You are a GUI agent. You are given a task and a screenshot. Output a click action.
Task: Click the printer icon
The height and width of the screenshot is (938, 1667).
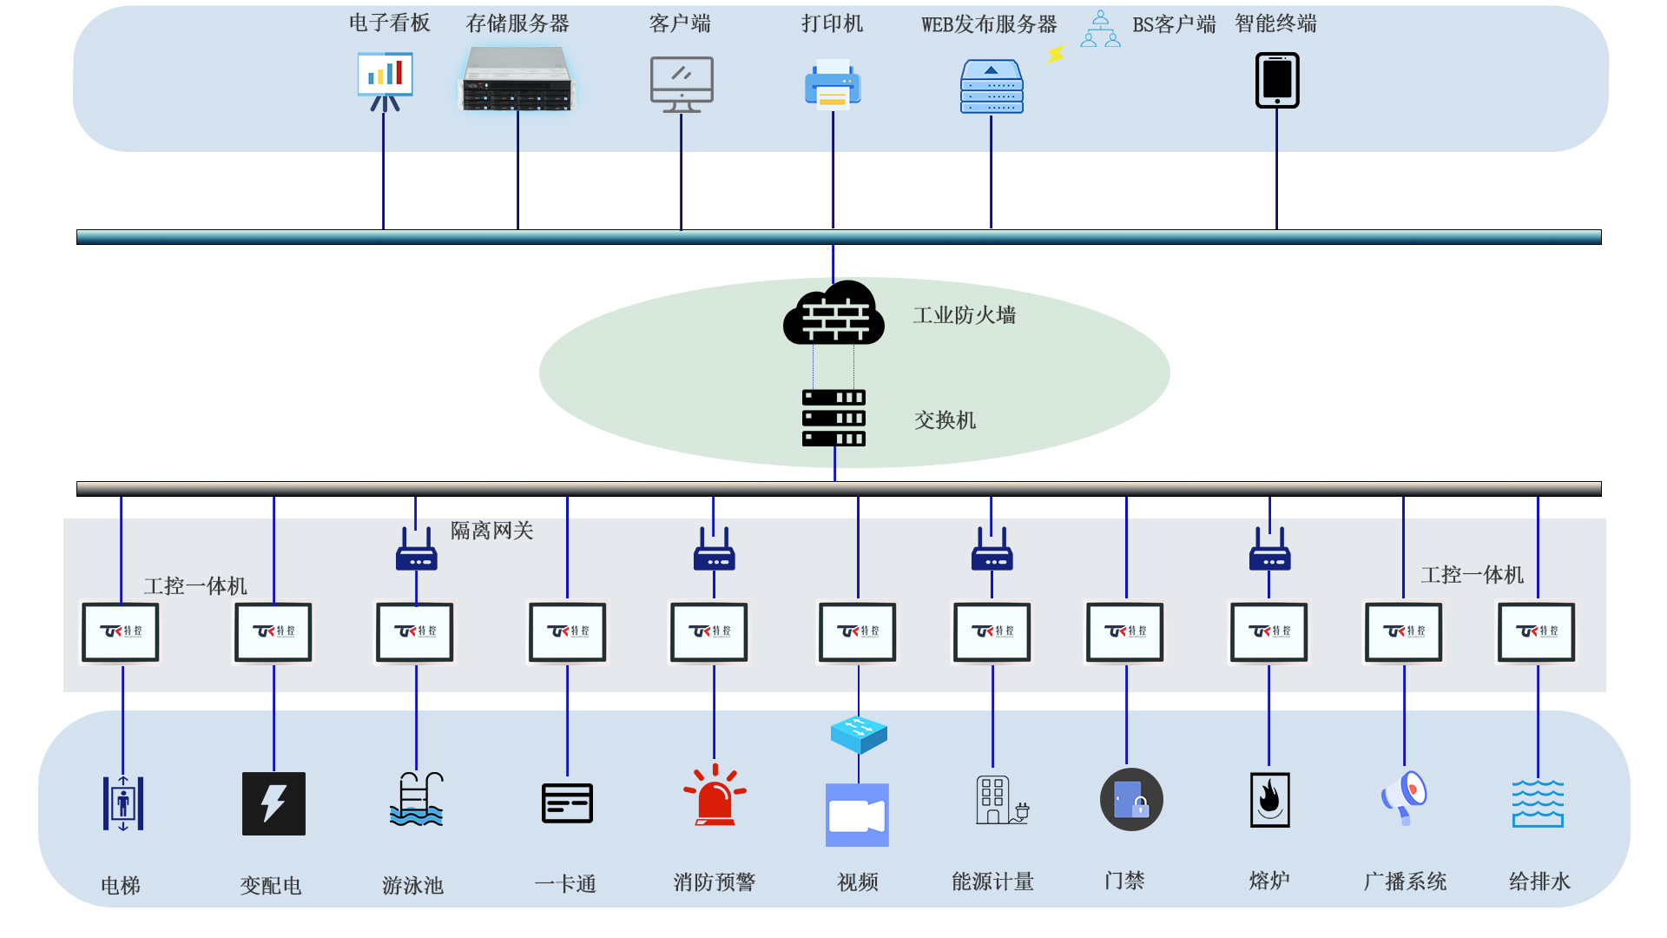coord(833,85)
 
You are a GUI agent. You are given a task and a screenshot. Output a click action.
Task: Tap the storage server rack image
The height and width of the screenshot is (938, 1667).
coord(517,80)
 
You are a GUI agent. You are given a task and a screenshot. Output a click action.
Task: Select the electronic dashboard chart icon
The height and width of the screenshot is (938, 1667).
coord(385,80)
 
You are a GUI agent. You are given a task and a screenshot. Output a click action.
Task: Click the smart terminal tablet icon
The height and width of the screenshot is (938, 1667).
coord(1277,81)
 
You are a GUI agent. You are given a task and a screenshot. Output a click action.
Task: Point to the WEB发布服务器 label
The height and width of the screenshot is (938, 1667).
coord(989,24)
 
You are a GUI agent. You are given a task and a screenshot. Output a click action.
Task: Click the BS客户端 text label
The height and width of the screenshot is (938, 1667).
coord(1174,24)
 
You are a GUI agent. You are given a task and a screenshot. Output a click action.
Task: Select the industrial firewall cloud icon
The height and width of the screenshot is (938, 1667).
coord(833,314)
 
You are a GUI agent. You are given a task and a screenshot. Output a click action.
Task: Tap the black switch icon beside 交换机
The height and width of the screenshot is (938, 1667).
coord(833,418)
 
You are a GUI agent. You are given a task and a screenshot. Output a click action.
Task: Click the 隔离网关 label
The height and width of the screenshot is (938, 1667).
coord(491,531)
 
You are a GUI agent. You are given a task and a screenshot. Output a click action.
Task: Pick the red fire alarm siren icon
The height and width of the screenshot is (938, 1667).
coord(715,796)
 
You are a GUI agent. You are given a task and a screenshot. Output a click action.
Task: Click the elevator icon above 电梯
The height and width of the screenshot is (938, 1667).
coord(123,803)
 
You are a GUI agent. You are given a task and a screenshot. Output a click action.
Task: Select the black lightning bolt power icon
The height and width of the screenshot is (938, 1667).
coord(273,803)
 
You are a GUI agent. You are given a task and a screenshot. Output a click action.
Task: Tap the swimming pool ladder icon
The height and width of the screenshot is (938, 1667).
coord(417,799)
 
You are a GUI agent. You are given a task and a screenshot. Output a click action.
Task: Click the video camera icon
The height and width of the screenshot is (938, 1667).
coord(857,816)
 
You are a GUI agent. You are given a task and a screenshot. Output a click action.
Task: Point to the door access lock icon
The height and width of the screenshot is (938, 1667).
coord(1131,800)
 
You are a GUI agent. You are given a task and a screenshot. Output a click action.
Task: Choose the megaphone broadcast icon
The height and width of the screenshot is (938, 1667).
coord(1404,797)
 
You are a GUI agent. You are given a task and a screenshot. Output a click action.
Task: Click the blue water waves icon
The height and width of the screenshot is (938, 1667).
coord(1538,803)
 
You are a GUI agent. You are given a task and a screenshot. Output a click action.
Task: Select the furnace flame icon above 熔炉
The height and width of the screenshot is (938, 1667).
coord(1269,800)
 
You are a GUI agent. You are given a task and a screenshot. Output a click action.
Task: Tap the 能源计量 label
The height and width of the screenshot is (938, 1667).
coord(992,882)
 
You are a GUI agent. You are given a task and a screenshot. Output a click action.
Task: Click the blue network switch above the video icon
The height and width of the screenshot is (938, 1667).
coord(859,734)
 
